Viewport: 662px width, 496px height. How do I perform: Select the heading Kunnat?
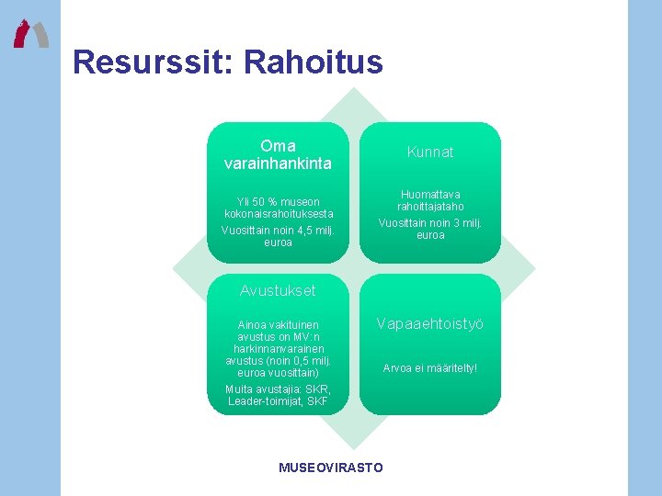430,152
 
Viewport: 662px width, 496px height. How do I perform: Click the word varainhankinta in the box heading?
278,163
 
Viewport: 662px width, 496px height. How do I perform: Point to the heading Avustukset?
278,290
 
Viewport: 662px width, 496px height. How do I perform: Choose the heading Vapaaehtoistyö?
430,324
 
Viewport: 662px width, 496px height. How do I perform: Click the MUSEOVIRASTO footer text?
331,468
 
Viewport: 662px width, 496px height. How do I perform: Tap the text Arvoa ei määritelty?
430,368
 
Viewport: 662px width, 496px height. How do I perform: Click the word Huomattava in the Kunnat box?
430,195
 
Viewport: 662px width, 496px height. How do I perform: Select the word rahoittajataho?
430,208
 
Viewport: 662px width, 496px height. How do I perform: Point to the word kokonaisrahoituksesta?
278,214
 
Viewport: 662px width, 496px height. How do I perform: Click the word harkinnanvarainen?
278,349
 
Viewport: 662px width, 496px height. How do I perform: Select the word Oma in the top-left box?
278,146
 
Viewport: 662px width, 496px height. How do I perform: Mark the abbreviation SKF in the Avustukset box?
315,400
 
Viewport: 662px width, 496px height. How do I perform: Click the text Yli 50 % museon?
278,202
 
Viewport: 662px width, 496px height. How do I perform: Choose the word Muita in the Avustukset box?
241,389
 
